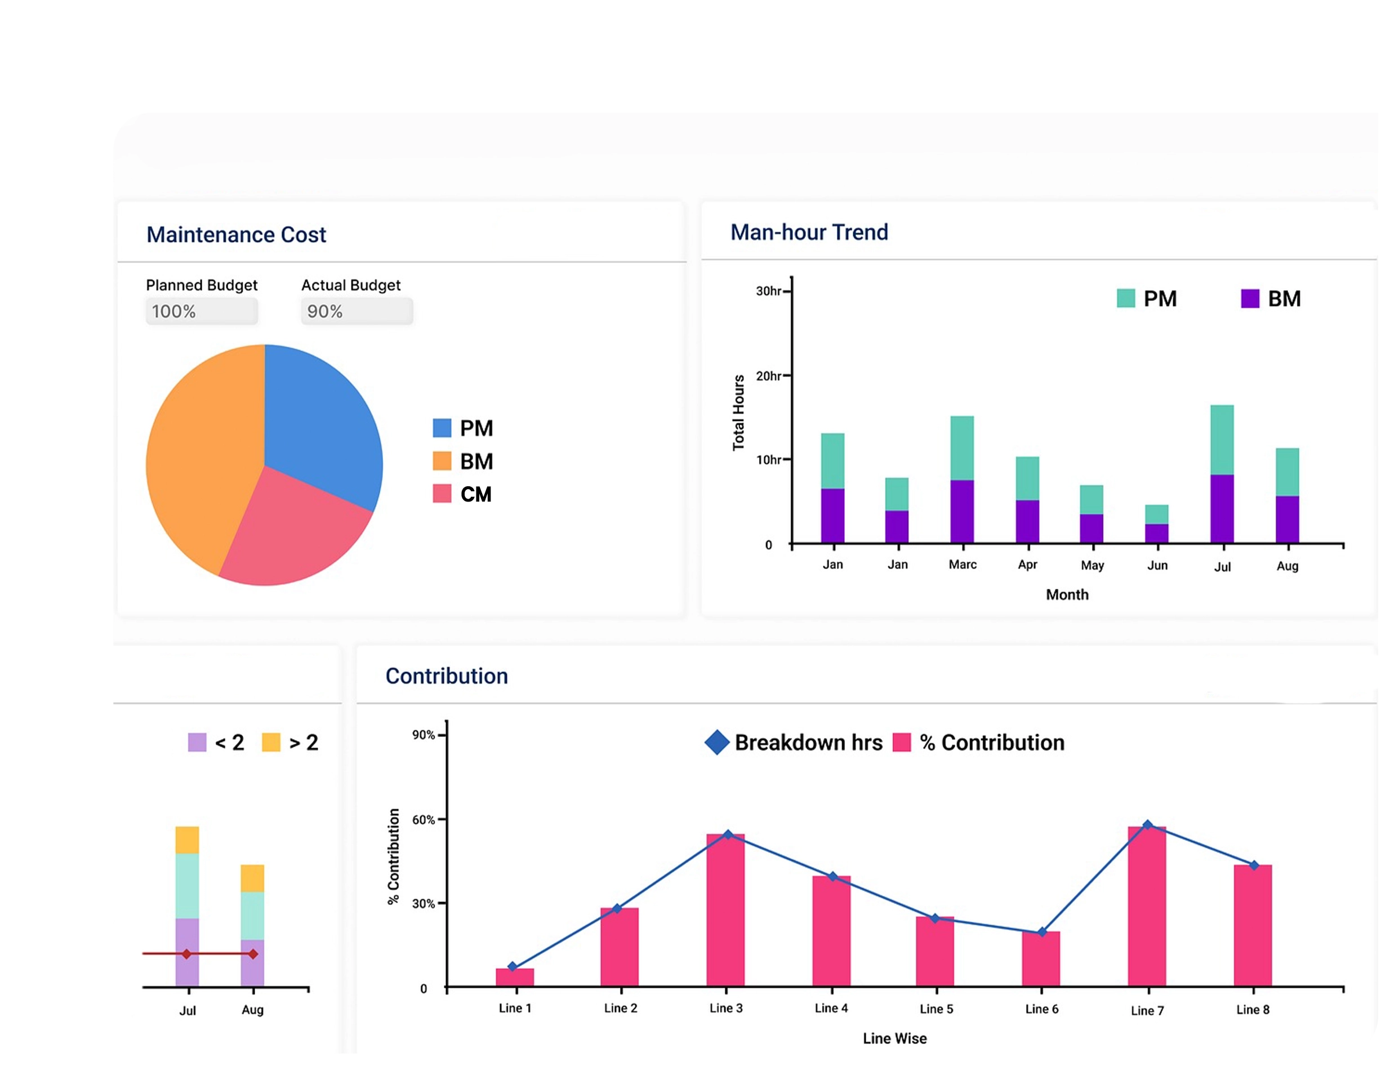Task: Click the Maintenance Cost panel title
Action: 236,235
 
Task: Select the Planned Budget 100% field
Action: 201,311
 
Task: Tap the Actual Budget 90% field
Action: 357,311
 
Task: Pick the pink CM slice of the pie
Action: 291,531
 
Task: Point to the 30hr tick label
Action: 768,291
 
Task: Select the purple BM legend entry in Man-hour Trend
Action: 1271,299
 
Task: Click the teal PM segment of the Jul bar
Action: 1222,439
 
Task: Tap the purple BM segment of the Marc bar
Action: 962,511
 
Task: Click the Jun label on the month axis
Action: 1157,565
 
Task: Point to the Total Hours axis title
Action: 738,412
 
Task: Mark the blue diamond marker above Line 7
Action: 1147,824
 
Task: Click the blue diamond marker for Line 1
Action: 512,966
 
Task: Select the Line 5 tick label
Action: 936,1009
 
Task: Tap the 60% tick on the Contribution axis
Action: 423,819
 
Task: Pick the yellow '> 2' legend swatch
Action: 271,742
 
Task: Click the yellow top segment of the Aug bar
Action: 252,878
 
